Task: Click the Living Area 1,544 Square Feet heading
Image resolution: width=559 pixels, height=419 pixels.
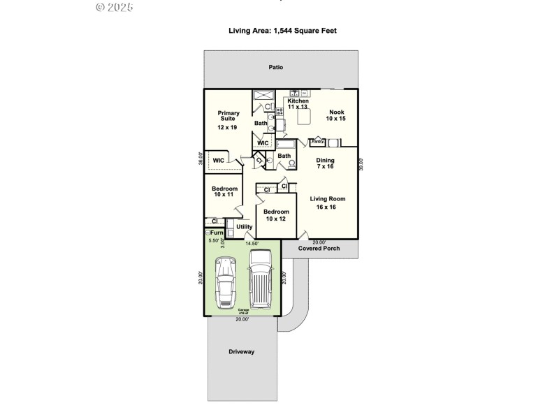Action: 283,31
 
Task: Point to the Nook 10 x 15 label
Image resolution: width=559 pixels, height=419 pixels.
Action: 336,115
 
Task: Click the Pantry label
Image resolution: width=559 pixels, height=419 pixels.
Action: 317,142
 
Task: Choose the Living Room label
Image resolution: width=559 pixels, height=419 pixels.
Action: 328,203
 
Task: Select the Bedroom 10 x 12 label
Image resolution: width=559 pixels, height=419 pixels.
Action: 276,215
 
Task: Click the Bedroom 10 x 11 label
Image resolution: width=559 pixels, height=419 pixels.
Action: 225,191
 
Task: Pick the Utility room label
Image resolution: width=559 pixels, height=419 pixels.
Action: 244,227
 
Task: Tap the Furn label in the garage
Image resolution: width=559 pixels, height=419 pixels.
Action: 215,233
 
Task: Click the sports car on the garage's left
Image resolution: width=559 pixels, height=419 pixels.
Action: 225,282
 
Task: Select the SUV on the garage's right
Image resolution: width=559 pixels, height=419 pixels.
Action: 259,279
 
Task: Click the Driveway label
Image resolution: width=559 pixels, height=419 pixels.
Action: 241,351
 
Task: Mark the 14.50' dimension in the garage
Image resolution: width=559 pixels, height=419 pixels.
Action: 252,243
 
